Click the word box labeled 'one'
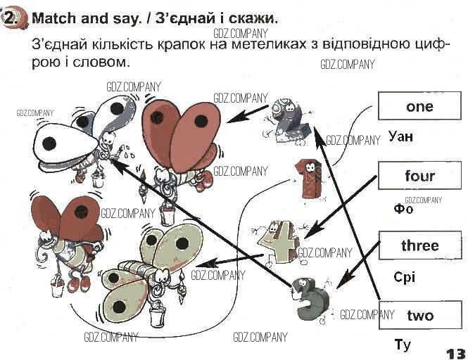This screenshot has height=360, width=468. coord(419,106)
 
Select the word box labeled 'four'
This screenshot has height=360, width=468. coord(419,176)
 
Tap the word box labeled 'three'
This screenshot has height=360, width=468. coord(419,245)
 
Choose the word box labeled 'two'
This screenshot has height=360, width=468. coord(419,315)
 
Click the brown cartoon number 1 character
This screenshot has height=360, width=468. coord(308,176)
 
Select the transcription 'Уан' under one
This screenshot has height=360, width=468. coord(400,136)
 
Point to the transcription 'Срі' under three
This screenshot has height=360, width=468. coord(404,277)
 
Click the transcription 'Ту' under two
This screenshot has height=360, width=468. coord(403,345)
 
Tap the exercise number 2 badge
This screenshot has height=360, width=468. coord(13,18)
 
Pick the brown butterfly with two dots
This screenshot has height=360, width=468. coord(177,137)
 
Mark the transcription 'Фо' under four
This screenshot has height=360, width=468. coord(403,208)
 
